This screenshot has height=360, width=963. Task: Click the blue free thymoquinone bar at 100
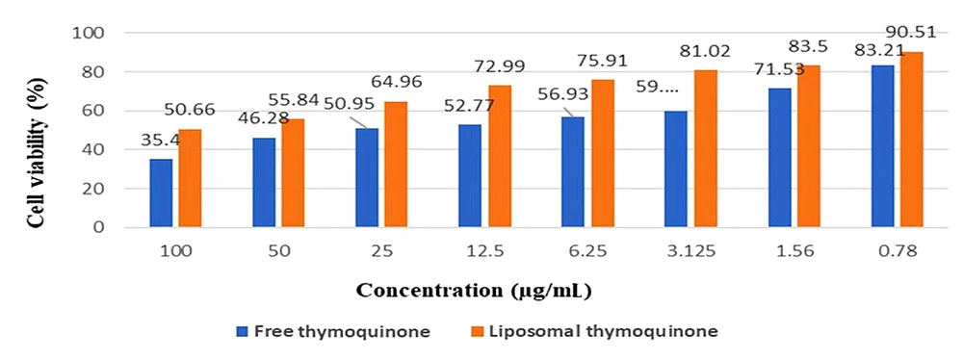tap(161, 193)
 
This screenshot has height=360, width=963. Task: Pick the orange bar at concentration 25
tap(397, 165)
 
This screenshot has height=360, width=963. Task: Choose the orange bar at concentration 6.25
tap(603, 153)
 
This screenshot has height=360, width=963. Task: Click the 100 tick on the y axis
tap(91, 33)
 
